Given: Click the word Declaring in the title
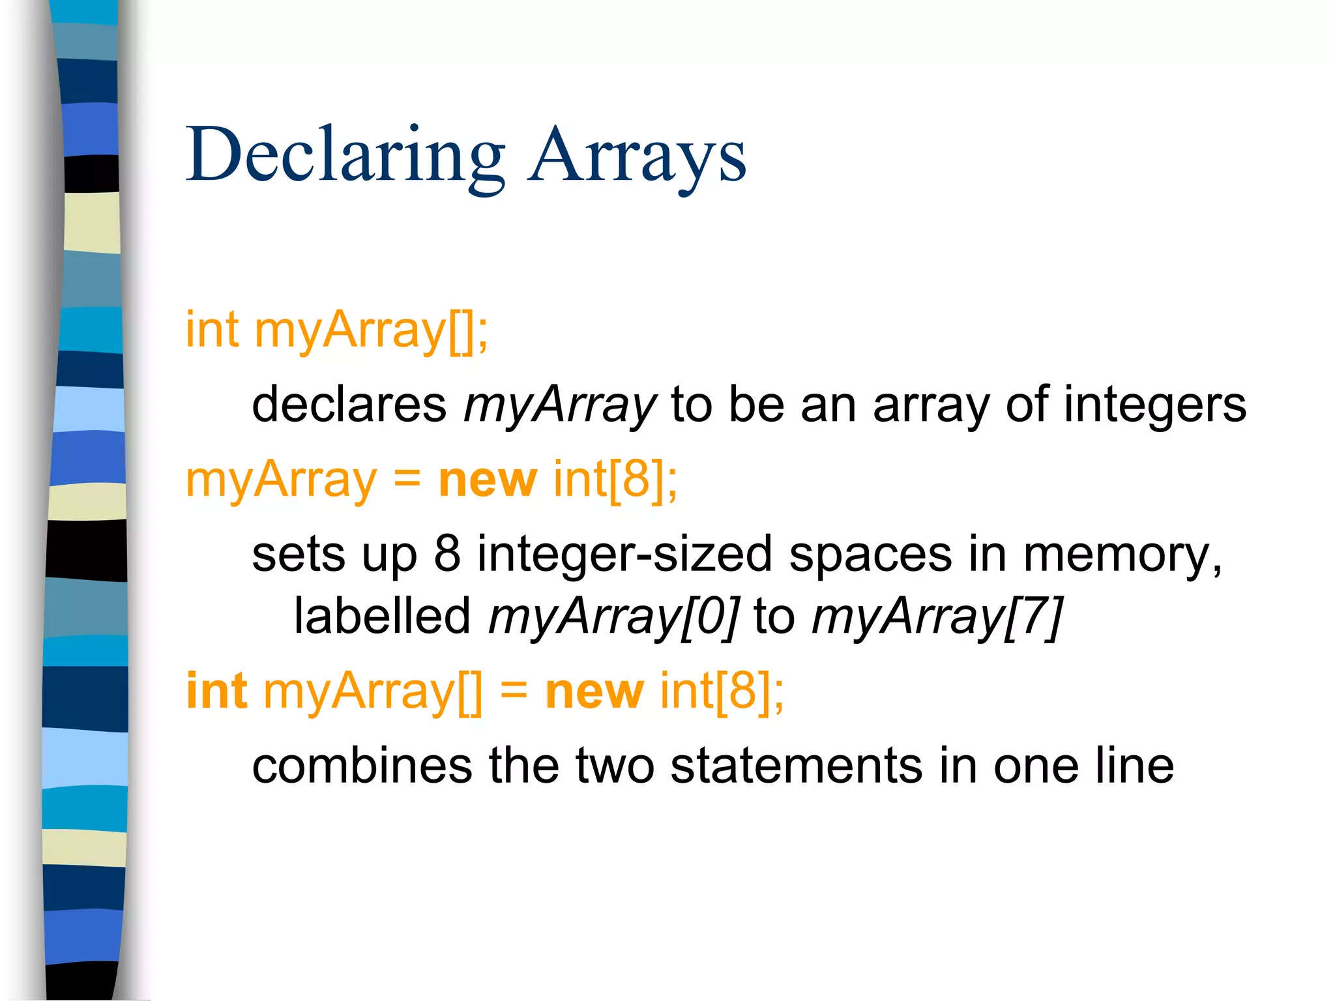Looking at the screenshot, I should click(345, 156).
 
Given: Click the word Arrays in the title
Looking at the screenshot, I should click(638, 156).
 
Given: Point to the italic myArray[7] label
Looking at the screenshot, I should click(937, 617).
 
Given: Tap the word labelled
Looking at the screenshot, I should click(382, 616).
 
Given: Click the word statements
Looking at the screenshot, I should click(796, 766).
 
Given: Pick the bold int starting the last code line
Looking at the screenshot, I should click(216, 691).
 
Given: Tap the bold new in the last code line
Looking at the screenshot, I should click(594, 691).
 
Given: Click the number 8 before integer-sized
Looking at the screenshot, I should click(447, 555).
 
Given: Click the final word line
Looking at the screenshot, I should click(1134, 766).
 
